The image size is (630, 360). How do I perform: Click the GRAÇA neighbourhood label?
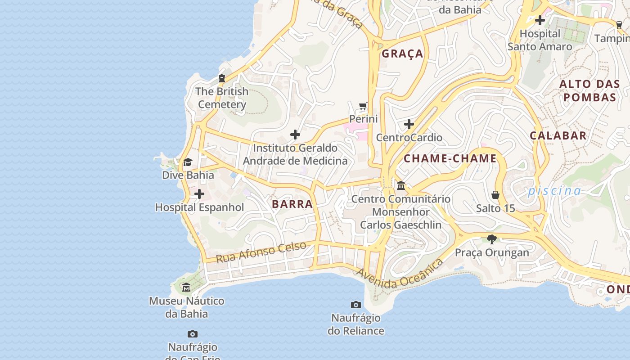pyautogui.click(x=402, y=54)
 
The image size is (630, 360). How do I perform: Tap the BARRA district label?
pyautogui.click(x=292, y=204)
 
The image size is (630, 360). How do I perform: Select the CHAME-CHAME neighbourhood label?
pyautogui.click(x=450, y=158)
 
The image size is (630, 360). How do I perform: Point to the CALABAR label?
pyautogui.click(x=558, y=135)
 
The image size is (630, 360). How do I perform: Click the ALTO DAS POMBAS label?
pyautogui.click(x=589, y=90)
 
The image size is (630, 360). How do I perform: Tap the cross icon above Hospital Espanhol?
pyautogui.click(x=199, y=194)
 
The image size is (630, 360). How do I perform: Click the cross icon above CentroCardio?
pyautogui.click(x=409, y=124)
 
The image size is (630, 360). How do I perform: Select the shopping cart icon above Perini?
pyautogui.click(x=363, y=106)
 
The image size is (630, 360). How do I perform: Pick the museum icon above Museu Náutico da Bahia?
pyautogui.click(x=186, y=287)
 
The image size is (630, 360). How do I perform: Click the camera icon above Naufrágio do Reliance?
pyautogui.click(x=356, y=305)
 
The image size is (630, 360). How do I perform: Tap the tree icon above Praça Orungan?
pyautogui.click(x=492, y=239)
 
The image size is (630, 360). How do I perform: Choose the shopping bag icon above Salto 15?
pyautogui.click(x=495, y=195)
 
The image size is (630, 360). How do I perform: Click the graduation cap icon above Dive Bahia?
pyautogui.click(x=188, y=162)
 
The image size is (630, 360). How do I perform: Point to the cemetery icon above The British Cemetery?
pyautogui.click(x=221, y=78)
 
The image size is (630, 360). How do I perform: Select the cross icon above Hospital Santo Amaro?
pyautogui.click(x=540, y=20)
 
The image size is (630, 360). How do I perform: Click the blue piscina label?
pyautogui.click(x=554, y=191)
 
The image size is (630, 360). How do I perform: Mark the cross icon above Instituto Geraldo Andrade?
pyautogui.click(x=295, y=135)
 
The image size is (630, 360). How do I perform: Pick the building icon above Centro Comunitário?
pyautogui.click(x=401, y=185)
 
